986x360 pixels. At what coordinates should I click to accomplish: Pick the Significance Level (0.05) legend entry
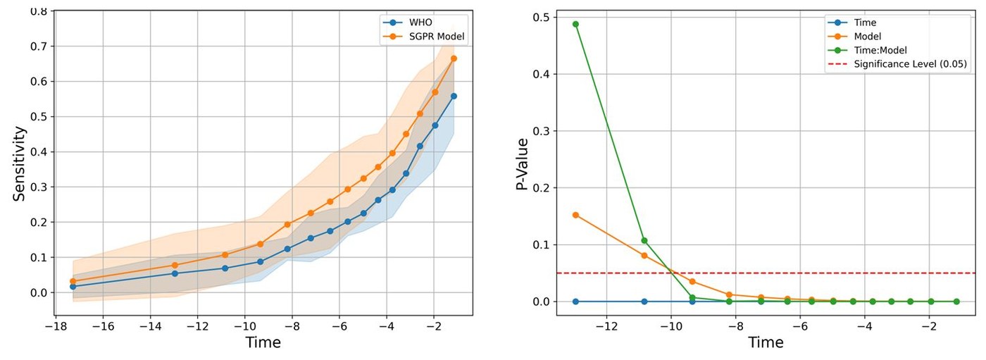tap(910, 64)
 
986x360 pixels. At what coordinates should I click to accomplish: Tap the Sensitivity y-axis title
tap(19, 164)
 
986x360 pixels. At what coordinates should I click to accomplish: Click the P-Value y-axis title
tap(522, 164)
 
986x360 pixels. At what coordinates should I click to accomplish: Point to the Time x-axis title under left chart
tap(263, 343)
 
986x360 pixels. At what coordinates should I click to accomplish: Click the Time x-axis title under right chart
tap(766, 343)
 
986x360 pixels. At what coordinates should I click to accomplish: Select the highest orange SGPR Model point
tap(454, 58)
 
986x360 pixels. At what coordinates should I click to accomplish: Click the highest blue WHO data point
tap(454, 96)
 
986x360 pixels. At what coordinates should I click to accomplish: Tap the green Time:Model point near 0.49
tap(575, 24)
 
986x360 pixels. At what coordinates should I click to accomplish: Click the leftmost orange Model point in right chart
tap(575, 215)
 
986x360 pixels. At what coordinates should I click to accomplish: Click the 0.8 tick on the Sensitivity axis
tap(39, 12)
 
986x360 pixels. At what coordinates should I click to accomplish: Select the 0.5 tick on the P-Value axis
tap(542, 17)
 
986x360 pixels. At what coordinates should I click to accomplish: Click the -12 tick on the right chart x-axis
tap(606, 326)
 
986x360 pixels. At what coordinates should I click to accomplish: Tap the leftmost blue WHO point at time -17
tap(73, 287)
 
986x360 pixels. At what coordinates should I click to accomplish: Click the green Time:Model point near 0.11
tap(644, 240)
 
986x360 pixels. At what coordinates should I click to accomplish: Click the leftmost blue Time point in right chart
tap(575, 302)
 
